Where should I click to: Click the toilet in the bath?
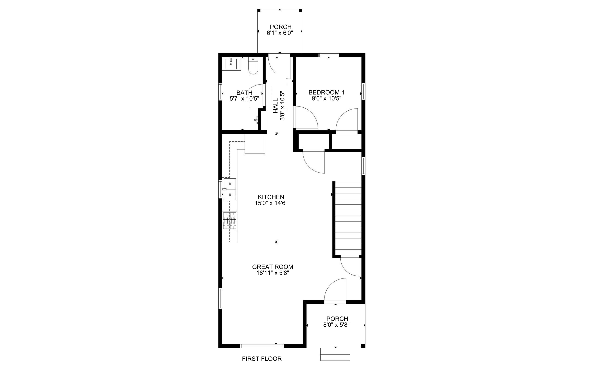[x=253, y=66]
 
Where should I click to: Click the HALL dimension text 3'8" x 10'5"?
[x=282, y=106]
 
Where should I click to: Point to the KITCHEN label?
[x=271, y=197]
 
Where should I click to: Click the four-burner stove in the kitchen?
[x=229, y=221]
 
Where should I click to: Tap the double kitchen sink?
[x=229, y=189]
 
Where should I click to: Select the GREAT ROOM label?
[x=272, y=267]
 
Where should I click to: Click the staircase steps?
[x=348, y=218]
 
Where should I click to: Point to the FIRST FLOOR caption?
[x=262, y=359]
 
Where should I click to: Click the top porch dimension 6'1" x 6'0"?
[x=280, y=33]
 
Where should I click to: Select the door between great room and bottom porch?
[x=335, y=291]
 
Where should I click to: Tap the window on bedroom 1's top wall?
[x=329, y=55]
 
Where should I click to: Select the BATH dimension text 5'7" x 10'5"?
[x=244, y=98]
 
